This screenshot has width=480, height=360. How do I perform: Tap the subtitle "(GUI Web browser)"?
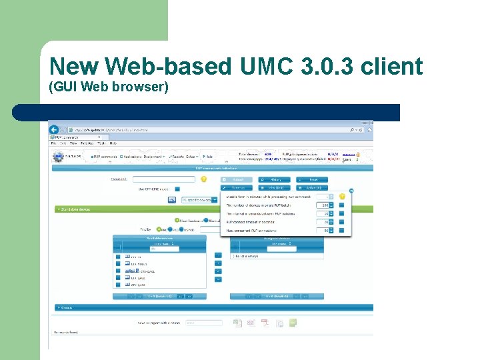109,87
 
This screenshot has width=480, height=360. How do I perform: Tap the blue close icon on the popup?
351,191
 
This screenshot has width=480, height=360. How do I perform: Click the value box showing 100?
325,205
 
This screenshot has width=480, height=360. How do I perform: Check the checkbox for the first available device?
118,256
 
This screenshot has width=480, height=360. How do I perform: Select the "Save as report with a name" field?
203,323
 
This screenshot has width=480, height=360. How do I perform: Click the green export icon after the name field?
293,323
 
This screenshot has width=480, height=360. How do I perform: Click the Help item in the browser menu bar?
113,143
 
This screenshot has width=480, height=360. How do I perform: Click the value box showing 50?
325,231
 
